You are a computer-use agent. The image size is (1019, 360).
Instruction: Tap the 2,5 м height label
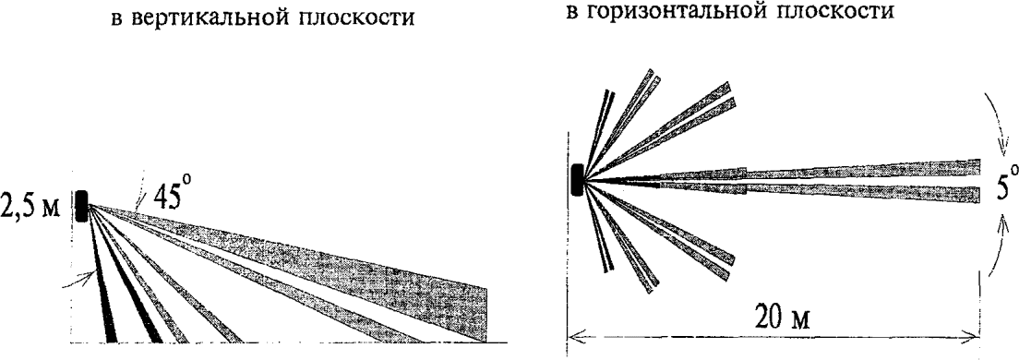[30, 207]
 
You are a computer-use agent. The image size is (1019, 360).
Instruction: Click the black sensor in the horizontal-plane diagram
[577, 179]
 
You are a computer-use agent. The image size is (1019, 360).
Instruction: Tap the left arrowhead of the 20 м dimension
[574, 335]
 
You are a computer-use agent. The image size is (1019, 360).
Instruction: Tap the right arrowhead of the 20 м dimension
[973, 335]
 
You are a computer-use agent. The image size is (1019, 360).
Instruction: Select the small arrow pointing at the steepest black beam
[79, 280]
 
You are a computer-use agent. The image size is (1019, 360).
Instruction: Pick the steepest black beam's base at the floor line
[111, 339]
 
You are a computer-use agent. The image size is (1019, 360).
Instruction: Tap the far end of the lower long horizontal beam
[979, 195]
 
